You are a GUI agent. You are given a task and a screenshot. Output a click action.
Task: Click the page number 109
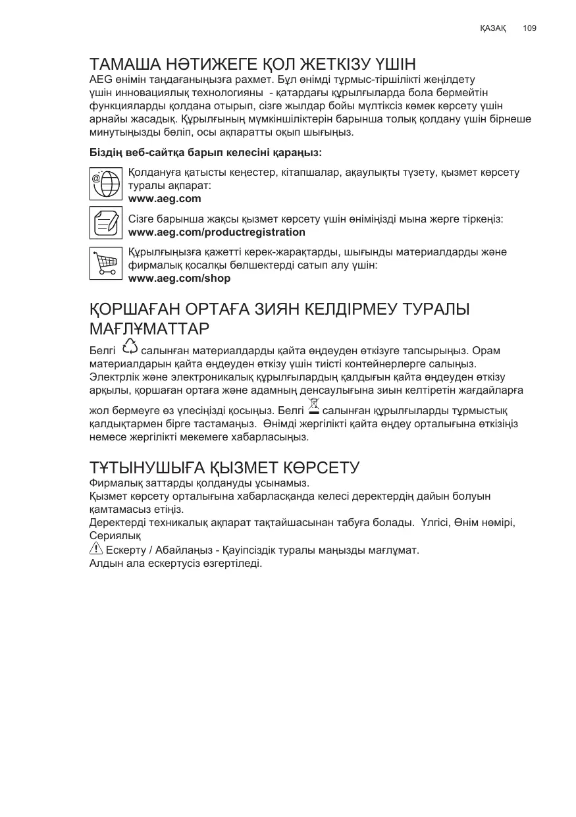tap(529, 28)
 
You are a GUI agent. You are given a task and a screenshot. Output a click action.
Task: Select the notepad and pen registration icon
tap(105, 223)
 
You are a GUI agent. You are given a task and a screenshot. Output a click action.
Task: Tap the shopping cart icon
tap(105, 264)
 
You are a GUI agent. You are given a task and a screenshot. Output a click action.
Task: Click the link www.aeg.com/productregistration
tap(217, 232)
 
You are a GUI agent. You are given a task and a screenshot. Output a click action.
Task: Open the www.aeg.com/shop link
tap(179, 278)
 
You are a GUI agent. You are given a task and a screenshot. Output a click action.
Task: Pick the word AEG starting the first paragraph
tap(100, 79)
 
